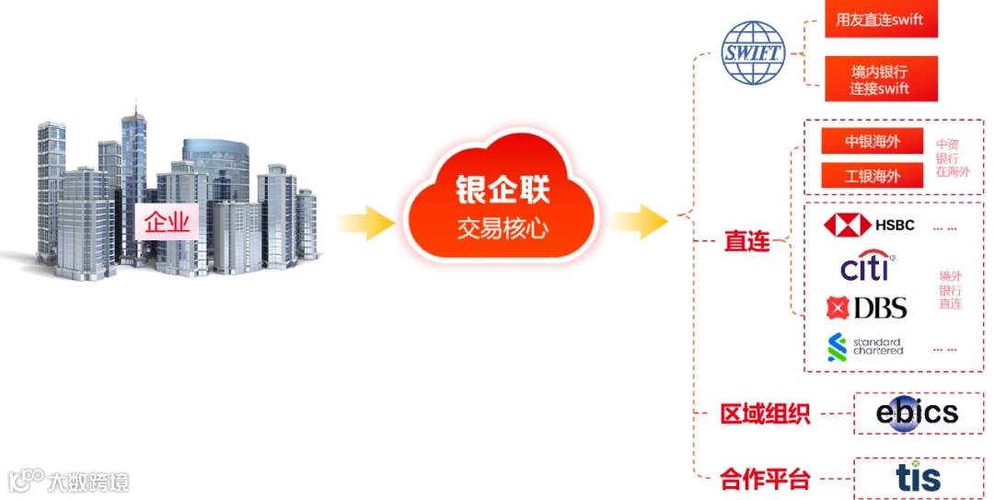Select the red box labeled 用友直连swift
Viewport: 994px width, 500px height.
pos(880,20)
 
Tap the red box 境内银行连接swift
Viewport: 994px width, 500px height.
pos(880,79)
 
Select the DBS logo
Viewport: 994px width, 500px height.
pos(866,308)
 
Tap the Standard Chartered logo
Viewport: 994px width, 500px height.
pos(865,347)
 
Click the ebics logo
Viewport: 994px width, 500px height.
pos(917,413)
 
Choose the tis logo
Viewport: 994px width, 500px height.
pos(918,477)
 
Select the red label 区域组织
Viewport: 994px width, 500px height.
pos(765,414)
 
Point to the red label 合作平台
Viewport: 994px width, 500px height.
pos(765,479)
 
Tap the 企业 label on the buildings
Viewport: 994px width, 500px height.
pos(167,222)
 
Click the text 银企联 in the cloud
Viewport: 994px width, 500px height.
pos(503,191)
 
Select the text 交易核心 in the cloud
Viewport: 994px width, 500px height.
pos(503,227)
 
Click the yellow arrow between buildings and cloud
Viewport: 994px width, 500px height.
pos(365,223)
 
